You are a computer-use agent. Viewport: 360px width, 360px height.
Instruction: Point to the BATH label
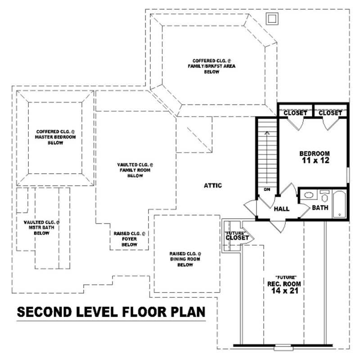coord(320,208)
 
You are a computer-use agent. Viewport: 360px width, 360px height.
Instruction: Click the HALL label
coord(281,209)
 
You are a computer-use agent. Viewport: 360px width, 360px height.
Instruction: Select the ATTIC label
coord(213,185)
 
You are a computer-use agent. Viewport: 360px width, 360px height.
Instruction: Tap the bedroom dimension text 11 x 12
coord(315,160)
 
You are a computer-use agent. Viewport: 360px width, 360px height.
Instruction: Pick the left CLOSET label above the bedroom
coord(295,113)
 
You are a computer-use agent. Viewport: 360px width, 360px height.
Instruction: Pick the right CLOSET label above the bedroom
coord(331,113)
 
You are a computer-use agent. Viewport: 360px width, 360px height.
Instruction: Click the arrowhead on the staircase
coord(266,133)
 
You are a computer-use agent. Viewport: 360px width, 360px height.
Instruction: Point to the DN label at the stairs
coord(266,189)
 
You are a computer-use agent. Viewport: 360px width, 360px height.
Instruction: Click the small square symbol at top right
coord(272,18)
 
